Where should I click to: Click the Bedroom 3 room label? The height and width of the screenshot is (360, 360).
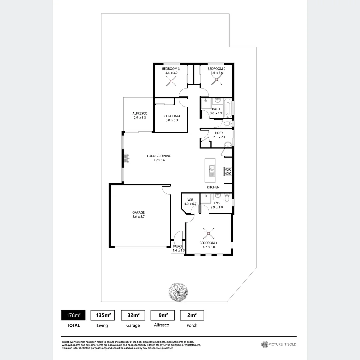pos(171,69)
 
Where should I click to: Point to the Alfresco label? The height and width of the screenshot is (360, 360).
pos(140,113)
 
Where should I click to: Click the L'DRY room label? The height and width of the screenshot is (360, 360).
pos(219,132)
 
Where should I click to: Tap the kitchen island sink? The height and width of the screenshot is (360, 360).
pos(211,171)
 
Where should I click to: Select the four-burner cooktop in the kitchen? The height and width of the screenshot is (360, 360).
pos(228,171)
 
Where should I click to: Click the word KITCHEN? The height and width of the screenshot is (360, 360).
pos(213,187)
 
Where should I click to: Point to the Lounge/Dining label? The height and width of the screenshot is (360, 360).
pos(159,156)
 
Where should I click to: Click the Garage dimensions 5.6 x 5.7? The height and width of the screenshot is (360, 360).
pos(138,217)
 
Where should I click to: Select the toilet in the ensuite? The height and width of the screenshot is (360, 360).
pos(227,198)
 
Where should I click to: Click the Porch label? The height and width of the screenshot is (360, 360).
pos(178,246)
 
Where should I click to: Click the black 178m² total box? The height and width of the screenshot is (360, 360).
pos(73,315)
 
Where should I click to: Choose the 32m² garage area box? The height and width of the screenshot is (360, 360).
pos(133,315)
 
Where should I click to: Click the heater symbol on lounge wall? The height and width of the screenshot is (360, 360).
pos(126,158)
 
